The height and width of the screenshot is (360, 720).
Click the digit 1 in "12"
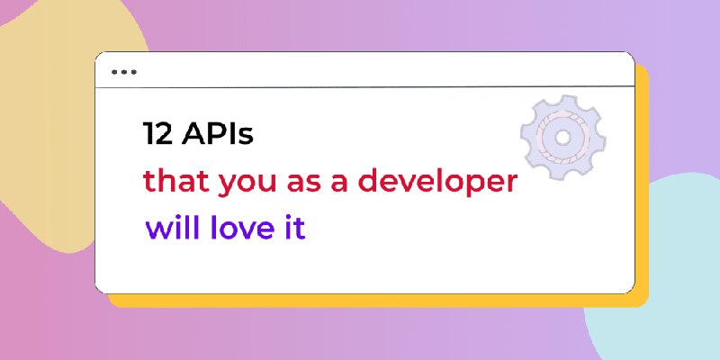(148, 133)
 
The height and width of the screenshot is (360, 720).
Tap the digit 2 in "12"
(164, 133)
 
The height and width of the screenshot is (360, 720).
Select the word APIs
(218, 133)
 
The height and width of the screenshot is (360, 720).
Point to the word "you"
(247, 184)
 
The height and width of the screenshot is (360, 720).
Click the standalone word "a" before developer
(340, 184)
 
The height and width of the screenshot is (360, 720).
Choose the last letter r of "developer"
(511, 184)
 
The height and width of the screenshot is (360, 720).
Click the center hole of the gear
(562, 138)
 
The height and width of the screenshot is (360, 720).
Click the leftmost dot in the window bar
(114, 72)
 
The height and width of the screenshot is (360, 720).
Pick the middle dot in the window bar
(124, 72)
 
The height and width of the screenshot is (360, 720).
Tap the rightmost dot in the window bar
(133, 72)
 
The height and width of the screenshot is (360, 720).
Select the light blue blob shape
(679, 275)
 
